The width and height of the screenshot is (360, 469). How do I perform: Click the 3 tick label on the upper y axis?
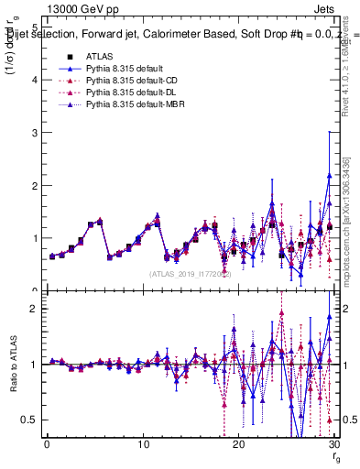tap(34, 133)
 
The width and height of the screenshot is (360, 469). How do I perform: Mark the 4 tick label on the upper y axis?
tap(34, 81)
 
